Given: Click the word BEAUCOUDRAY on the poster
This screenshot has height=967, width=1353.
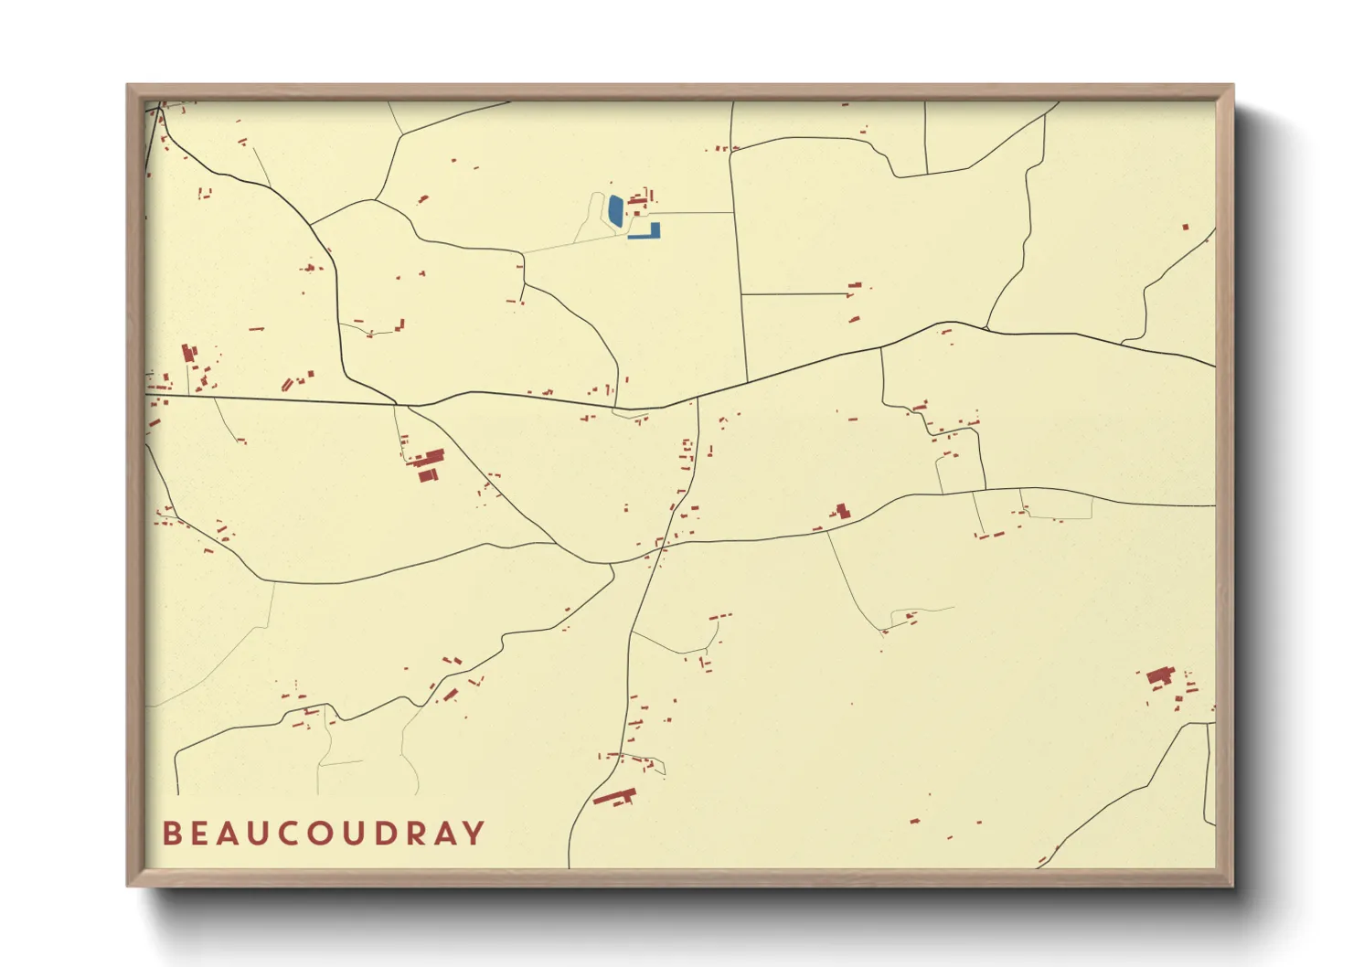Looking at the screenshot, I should [x=324, y=834].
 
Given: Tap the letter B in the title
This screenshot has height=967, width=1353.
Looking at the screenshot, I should [x=171, y=834].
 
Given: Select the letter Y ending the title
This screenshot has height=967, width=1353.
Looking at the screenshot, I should [x=474, y=834].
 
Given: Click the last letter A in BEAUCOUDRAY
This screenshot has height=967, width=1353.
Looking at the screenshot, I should [x=445, y=834].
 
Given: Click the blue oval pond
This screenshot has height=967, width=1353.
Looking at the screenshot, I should [x=616, y=211].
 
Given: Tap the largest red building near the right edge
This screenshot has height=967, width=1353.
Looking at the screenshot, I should [x=1159, y=676].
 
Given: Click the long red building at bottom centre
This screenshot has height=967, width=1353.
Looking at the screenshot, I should [x=614, y=796].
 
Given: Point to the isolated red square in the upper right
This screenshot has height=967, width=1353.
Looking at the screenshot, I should [x=1186, y=227].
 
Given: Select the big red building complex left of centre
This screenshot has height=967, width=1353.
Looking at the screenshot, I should [x=428, y=461].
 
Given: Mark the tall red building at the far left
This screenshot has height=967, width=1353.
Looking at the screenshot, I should [x=189, y=354].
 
